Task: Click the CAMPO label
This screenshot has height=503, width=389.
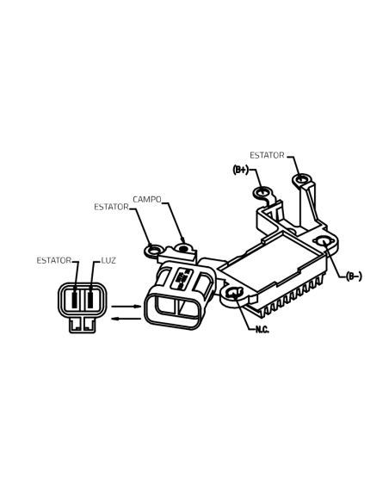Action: click(147, 199)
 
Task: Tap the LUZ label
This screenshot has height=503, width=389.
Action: click(108, 260)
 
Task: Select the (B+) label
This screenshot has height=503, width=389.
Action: click(241, 170)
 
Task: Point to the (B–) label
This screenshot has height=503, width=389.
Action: click(354, 276)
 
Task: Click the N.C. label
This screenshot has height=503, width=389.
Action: click(262, 330)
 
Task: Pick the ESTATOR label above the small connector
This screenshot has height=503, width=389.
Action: click(54, 260)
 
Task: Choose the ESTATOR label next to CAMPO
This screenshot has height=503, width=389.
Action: click(111, 207)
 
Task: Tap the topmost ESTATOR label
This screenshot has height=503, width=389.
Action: click(267, 155)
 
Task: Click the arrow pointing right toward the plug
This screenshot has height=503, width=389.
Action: click(126, 307)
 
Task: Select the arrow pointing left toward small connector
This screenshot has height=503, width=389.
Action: click(126, 319)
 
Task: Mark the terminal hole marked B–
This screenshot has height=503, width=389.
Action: click(324, 241)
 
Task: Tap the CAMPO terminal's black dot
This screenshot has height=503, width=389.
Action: click(183, 249)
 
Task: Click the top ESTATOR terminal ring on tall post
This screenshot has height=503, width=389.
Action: click(301, 179)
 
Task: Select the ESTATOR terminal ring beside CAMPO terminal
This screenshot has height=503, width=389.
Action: click(155, 250)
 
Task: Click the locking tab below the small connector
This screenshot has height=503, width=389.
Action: click(83, 325)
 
